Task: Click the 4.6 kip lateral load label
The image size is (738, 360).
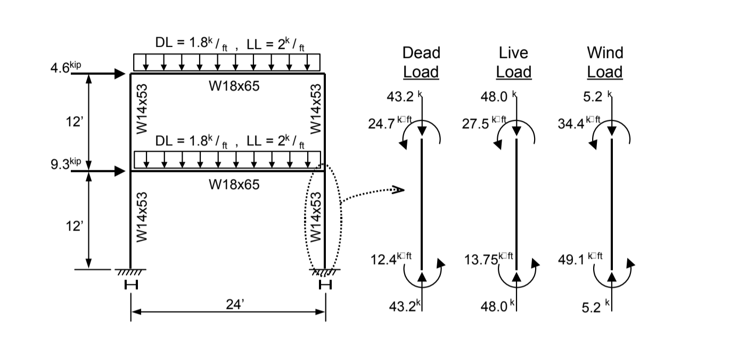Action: click(x=68, y=69)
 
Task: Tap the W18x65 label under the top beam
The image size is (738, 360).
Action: click(x=234, y=86)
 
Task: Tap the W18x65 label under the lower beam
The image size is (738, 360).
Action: click(x=234, y=184)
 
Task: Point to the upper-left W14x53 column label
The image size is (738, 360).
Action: click(x=142, y=109)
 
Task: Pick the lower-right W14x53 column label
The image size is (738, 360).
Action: click(x=316, y=217)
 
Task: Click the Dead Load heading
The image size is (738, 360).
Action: click(x=421, y=62)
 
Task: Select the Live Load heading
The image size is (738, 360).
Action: click(x=513, y=62)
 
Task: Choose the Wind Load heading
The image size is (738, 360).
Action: click(x=605, y=62)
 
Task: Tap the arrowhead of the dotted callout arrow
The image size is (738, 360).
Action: click(x=399, y=190)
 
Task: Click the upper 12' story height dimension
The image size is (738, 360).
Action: click(x=74, y=122)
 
